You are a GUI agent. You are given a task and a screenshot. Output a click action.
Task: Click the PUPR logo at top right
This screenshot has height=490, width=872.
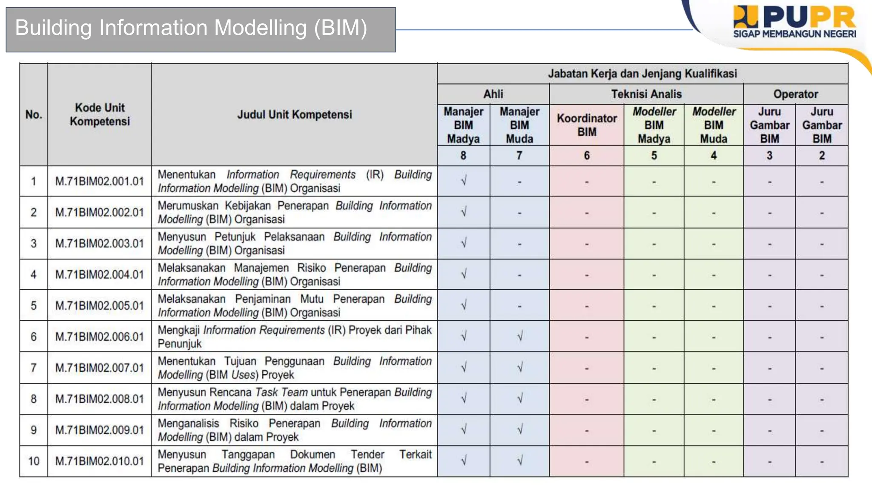point(795,21)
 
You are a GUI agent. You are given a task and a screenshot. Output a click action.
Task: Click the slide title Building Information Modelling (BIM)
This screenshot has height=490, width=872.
point(191,28)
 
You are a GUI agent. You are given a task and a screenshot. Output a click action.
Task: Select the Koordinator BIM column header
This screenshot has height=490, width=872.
point(586,125)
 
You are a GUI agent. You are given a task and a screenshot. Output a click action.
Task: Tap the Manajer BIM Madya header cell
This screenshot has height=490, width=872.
point(463,125)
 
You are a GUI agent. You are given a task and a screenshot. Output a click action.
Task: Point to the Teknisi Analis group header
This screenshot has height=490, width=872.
point(646,94)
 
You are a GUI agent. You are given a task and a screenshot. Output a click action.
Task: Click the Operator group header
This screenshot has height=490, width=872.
point(795,94)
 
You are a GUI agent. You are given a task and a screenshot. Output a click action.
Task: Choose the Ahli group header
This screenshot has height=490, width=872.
point(493,94)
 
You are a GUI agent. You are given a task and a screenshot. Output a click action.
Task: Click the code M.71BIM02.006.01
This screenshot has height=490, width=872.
point(100,337)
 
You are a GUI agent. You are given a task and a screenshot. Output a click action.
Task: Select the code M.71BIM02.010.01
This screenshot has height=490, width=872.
point(100,461)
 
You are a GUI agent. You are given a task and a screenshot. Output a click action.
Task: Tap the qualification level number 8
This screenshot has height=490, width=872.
point(463,156)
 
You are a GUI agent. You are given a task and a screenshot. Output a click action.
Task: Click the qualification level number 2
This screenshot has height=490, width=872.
point(822,156)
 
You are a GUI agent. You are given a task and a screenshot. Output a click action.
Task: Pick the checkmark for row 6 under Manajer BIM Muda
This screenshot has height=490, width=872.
point(519,337)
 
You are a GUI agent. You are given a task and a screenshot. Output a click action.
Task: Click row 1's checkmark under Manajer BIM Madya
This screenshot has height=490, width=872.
point(464,181)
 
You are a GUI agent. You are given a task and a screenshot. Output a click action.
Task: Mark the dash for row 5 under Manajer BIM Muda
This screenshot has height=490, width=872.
point(519,306)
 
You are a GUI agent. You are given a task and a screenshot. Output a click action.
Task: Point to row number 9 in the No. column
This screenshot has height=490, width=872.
point(34,430)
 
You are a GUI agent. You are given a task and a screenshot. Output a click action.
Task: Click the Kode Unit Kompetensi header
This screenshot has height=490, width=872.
point(100,114)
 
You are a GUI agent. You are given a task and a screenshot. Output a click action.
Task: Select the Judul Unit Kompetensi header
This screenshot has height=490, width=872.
point(294,114)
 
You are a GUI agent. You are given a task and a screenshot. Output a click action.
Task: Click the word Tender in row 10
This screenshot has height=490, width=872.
point(367,454)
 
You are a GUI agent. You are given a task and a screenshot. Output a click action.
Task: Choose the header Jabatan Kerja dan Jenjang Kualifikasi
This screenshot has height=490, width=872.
point(642,74)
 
